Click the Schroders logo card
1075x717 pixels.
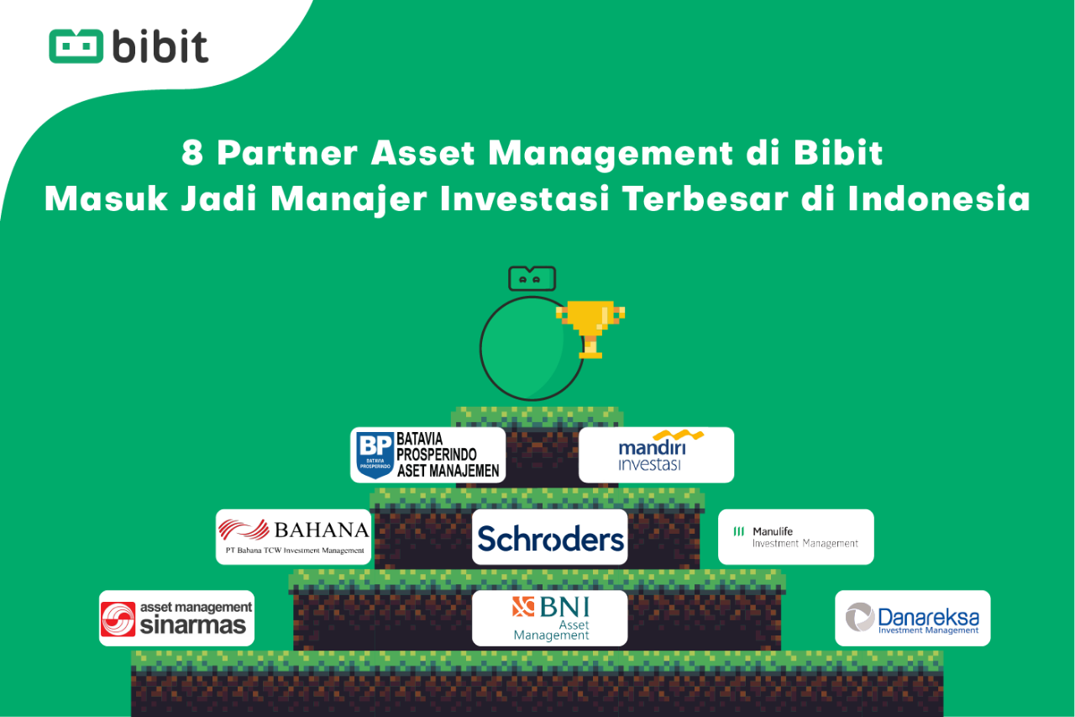point(549,537)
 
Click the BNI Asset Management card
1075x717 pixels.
point(549,618)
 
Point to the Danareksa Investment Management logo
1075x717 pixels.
point(912,618)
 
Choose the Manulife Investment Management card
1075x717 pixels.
point(795,537)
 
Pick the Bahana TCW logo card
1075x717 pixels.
point(293,537)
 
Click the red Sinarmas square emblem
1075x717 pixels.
point(118,619)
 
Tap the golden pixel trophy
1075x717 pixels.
point(590,329)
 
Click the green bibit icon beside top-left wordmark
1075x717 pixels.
point(76,46)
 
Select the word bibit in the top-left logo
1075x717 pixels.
point(160,46)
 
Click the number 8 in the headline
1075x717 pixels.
point(192,153)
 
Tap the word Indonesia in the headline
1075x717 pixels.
point(939,199)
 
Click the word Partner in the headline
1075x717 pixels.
point(287,153)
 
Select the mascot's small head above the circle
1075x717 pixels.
point(532,278)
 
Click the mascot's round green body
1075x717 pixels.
point(532,348)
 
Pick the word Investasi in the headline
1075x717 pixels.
point(525,199)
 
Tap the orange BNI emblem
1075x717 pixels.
point(523,607)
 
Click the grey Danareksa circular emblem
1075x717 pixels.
point(860,617)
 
